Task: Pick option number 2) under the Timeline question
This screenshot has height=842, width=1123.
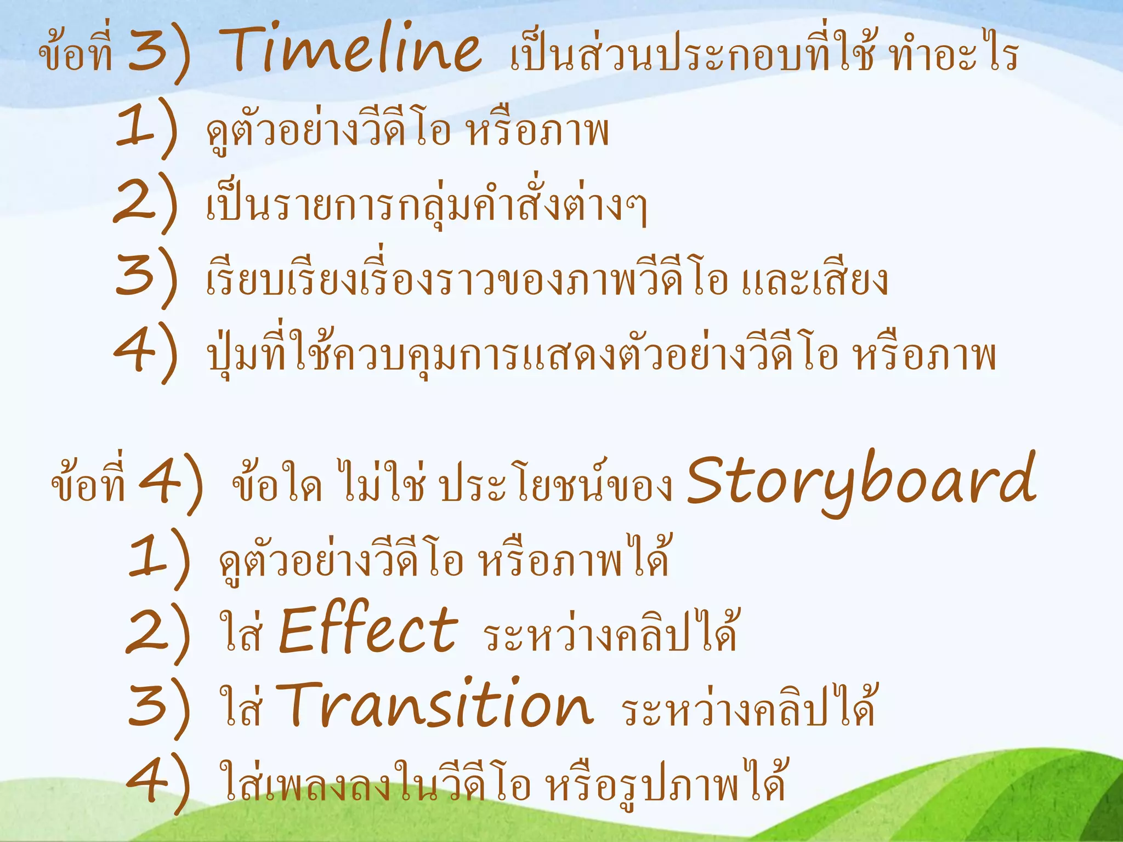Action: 146,203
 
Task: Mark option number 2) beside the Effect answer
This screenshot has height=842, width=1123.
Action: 159,633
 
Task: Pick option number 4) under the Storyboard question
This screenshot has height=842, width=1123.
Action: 159,782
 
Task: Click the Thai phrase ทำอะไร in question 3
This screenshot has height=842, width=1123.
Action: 954,55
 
